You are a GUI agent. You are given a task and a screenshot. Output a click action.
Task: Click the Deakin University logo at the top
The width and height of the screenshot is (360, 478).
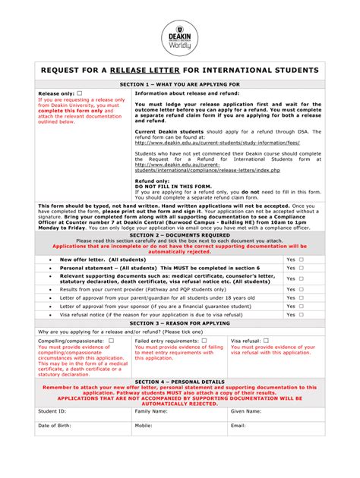point(180,33)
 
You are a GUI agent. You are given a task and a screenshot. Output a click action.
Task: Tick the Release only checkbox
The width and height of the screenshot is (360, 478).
point(80,93)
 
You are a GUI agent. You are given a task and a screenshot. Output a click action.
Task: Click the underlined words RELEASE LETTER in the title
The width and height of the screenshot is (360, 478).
point(150,71)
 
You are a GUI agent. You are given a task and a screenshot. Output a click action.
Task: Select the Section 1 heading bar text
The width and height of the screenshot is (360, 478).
point(180,83)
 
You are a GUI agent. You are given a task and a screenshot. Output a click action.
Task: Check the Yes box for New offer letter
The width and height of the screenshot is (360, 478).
point(301,259)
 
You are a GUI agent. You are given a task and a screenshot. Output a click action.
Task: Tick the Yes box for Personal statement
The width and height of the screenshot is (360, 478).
point(301,268)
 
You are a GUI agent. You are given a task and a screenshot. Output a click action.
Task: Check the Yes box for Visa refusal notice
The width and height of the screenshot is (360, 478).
point(301,314)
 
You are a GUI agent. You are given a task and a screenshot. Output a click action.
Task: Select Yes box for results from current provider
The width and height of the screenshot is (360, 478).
point(301,289)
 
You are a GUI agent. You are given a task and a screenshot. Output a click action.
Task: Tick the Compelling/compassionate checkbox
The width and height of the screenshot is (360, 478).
point(111,341)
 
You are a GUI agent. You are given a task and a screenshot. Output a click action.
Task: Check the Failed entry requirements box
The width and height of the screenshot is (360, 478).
point(204,341)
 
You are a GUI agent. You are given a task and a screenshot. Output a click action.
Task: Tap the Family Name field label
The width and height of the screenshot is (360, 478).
point(151,410)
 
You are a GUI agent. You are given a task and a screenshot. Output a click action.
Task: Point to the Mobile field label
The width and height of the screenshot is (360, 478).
point(144,426)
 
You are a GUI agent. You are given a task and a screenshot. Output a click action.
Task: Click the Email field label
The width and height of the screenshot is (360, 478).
point(238,426)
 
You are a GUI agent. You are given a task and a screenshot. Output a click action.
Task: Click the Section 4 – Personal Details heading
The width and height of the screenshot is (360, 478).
point(180,381)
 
